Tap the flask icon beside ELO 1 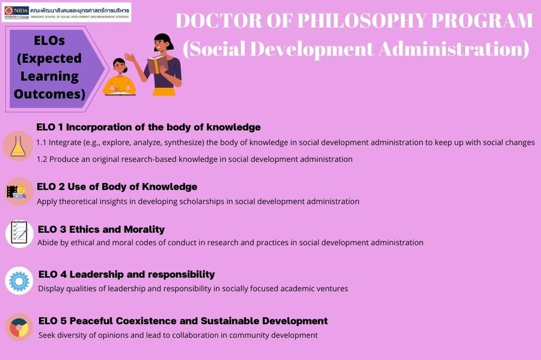coord(18,146)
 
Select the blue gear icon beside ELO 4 coord(19,280)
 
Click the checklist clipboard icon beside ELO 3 coord(19,233)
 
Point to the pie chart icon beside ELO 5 coord(18,327)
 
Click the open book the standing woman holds coord(157,64)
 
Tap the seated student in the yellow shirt coord(120,77)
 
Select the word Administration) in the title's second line coord(454,49)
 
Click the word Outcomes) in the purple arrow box coord(49,94)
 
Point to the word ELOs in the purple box coord(49,41)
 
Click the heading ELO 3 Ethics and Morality coord(101,230)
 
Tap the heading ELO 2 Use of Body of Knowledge coord(117,187)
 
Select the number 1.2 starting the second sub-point coord(42,160)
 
